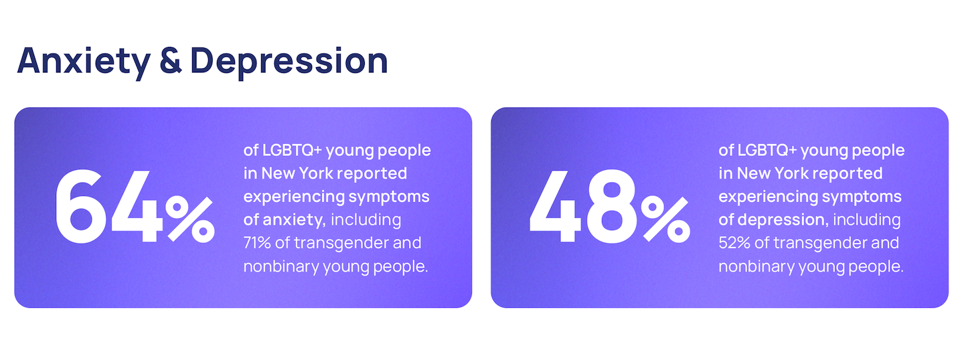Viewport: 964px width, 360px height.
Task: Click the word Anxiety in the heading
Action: click(84, 62)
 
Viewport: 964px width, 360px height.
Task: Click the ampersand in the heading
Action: click(171, 61)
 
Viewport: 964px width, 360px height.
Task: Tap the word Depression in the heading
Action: click(289, 62)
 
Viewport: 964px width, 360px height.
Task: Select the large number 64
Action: click(109, 206)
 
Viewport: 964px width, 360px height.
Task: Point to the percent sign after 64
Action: click(190, 219)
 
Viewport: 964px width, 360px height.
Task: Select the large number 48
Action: click(583, 206)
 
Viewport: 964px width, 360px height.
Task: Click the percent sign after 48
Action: click(665, 219)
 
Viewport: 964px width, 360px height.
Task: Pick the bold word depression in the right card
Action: click(783, 220)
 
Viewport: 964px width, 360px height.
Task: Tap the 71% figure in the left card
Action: click(257, 243)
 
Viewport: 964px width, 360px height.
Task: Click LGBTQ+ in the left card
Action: click(292, 151)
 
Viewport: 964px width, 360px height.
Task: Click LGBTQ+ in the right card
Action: click(767, 151)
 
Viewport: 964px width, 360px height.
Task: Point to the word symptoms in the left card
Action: click(388, 197)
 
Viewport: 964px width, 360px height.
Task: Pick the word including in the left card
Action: click(366, 220)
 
